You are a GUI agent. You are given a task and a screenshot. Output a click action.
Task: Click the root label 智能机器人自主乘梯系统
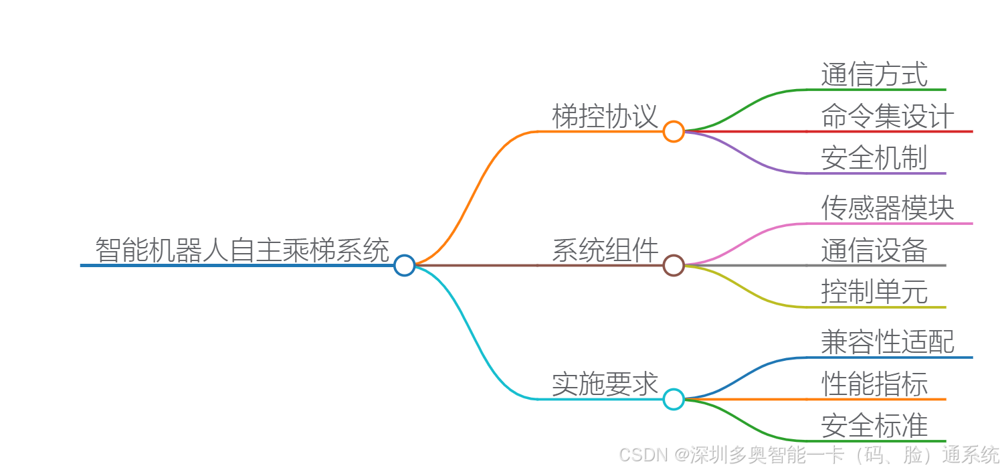[241, 250]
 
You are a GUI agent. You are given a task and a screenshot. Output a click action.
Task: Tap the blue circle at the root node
[404, 266]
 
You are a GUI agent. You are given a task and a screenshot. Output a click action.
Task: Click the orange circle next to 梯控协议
[674, 131]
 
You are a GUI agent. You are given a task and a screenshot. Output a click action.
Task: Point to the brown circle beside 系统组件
[674, 266]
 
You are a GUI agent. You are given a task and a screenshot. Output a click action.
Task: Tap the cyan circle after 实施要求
[674, 400]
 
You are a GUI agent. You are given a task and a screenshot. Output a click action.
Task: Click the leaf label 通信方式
[874, 74]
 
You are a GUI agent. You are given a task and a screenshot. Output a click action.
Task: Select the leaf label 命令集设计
[888, 116]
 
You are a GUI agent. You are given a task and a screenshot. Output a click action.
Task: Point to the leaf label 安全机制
[874, 158]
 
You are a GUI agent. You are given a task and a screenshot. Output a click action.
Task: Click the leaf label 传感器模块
[888, 208]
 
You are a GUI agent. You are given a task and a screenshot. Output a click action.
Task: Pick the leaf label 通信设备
[874, 250]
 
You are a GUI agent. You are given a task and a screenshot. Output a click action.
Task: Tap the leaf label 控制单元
[874, 292]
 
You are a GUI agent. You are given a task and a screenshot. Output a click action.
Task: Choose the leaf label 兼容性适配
[888, 342]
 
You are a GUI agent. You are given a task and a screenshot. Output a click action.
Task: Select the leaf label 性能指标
[874, 384]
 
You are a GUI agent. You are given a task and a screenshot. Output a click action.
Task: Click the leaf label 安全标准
[874, 426]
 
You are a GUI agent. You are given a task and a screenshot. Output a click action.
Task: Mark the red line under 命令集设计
[890, 131]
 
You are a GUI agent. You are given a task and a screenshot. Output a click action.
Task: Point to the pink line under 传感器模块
[890, 224]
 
